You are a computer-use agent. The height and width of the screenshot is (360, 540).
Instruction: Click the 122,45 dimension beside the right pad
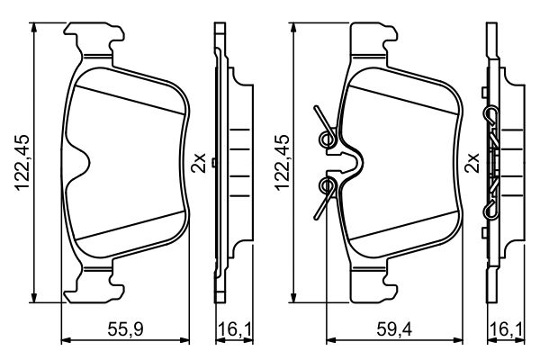(x=281, y=164)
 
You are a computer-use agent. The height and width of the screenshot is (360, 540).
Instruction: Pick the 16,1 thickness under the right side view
(x=502, y=328)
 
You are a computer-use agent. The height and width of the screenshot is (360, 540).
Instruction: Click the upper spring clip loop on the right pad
(x=328, y=138)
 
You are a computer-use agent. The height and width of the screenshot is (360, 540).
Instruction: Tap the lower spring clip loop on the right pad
(x=328, y=186)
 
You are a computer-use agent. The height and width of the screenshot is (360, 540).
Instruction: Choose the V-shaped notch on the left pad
(x=83, y=164)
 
